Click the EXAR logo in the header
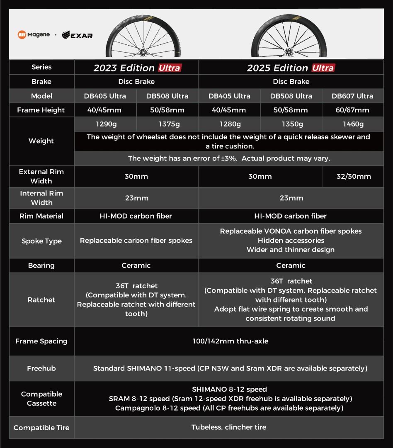[x=77, y=35]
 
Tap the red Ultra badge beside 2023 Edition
[x=170, y=68]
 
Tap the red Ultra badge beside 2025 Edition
[x=323, y=68]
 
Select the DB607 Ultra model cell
[x=352, y=96]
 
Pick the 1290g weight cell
[x=105, y=124]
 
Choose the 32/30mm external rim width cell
[x=353, y=176]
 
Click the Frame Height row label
[x=41, y=110]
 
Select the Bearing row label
[x=41, y=265]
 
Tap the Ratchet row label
[x=41, y=299]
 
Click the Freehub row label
[x=41, y=368]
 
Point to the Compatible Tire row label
[x=41, y=428]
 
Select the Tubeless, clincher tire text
[x=229, y=427]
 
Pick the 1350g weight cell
[x=291, y=124]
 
